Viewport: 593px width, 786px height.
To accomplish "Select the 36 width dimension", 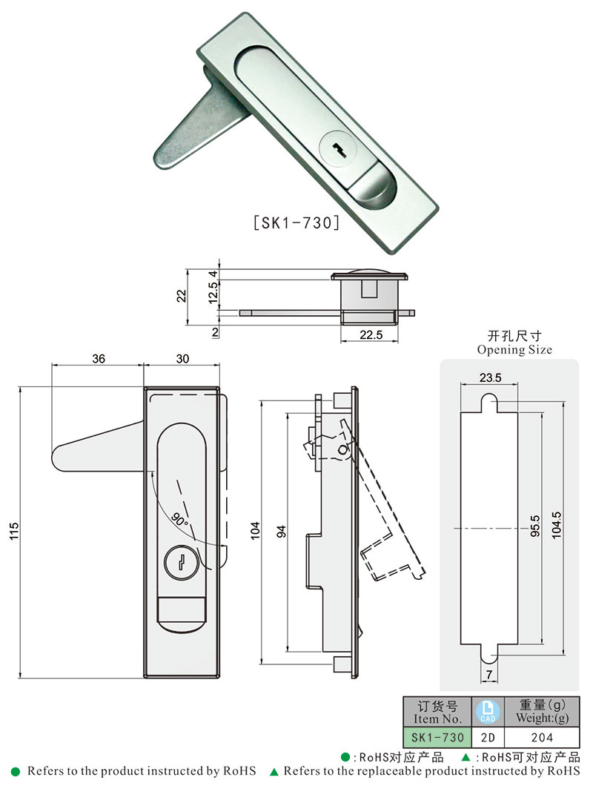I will pyautogui.click(x=98, y=359).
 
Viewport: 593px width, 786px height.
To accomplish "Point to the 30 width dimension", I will pyautogui.click(x=182, y=359).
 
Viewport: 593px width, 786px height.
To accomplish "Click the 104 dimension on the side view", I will pyautogui.click(x=256, y=531).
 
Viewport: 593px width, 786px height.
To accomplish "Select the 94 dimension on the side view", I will pyautogui.click(x=281, y=531).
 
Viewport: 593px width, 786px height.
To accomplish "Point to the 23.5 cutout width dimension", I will pyautogui.click(x=490, y=377).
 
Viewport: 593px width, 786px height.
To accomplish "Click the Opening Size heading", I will pyautogui.click(x=514, y=349).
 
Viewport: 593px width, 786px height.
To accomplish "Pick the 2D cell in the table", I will pyautogui.click(x=488, y=738).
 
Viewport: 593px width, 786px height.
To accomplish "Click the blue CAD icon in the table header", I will pyautogui.click(x=488, y=712).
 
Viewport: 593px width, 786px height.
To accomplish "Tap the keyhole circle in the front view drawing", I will pyautogui.click(x=180, y=562).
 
